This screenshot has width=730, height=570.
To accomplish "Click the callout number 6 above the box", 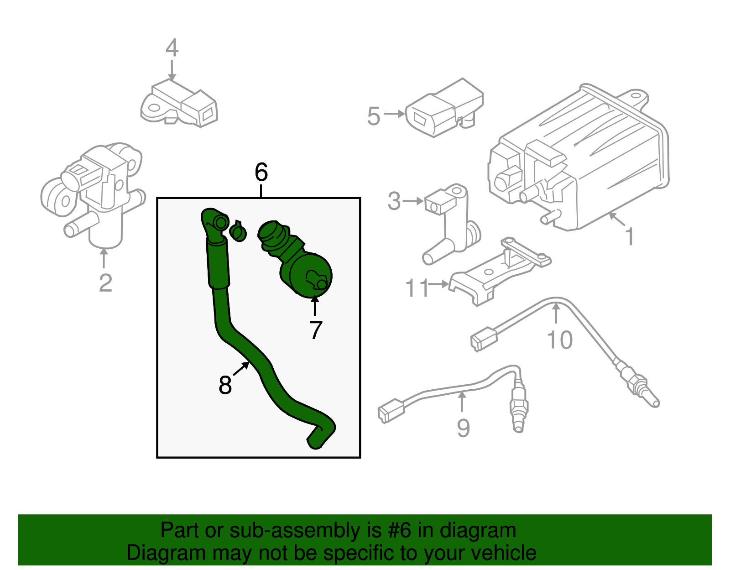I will tap(261, 173).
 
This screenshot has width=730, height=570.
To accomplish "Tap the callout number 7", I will tap(316, 330).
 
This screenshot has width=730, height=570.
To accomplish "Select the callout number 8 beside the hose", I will tap(225, 385).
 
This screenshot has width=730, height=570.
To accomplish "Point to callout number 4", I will tap(172, 48).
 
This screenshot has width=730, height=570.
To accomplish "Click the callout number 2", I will tap(105, 283).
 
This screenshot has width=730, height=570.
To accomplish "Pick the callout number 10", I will tap(559, 340).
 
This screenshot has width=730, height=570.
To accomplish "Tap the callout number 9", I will tap(463, 428).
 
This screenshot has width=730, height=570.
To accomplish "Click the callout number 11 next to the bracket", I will tap(417, 288).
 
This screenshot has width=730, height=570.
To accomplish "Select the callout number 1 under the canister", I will tap(630, 236).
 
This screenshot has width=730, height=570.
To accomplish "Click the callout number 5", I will tap(374, 116).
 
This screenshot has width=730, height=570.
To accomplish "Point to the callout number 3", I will tap(394, 201).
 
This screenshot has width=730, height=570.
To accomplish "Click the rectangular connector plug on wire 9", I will tap(391, 410).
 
